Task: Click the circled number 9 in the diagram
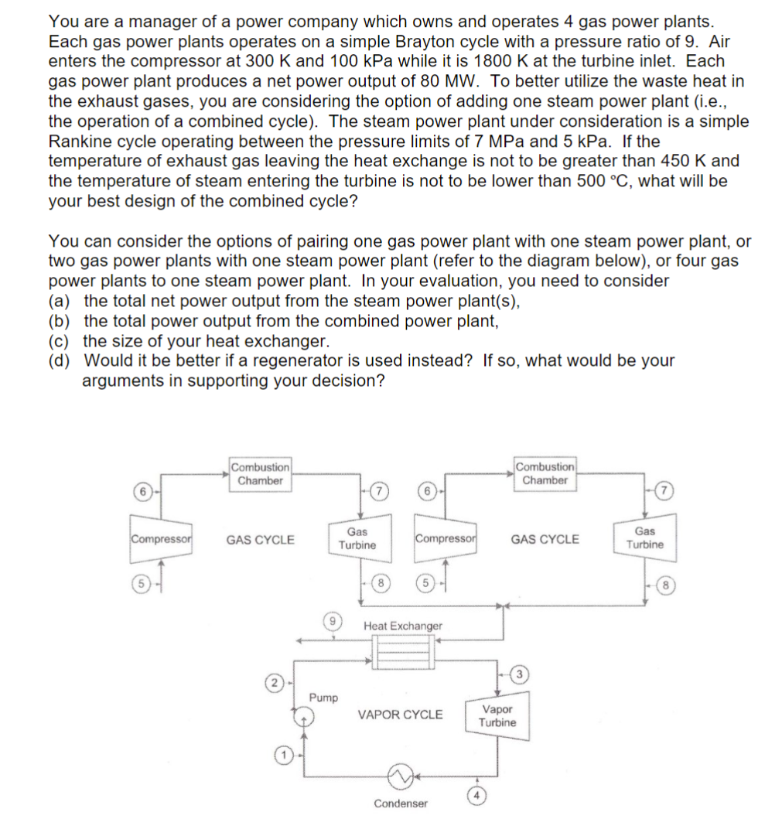pos(330,619)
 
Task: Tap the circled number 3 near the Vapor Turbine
pos(521,674)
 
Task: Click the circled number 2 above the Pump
pos(272,684)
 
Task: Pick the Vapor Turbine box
pos(497,715)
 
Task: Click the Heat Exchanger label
pos(403,625)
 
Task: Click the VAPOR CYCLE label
pos(400,715)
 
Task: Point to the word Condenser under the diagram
pos(400,804)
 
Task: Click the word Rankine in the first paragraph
pos(80,142)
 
